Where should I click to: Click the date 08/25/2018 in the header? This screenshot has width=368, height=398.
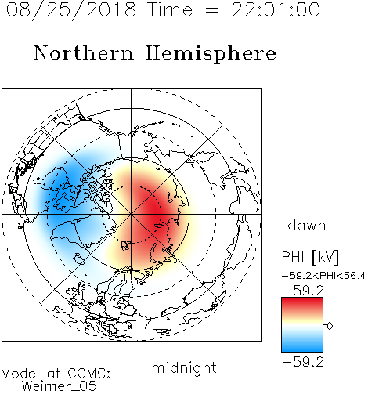[71, 10]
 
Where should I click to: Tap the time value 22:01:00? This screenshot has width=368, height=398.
[276, 9]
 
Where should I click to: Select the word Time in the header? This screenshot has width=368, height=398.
[170, 9]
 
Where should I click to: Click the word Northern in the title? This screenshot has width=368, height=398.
[84, 52]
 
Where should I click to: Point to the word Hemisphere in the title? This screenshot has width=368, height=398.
[211, 54]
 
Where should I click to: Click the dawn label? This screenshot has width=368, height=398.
[307, 225]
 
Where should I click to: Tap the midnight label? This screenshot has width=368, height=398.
[184, 367]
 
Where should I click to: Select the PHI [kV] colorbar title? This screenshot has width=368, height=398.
[310, 257]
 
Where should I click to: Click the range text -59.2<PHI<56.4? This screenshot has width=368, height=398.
[323, 276]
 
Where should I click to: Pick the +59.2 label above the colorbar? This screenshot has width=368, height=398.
[303, 291]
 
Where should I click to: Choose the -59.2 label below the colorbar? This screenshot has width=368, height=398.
[303, 362]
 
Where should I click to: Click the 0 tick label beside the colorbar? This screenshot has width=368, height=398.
[330, 326]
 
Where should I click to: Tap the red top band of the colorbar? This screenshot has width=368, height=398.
[302, 304]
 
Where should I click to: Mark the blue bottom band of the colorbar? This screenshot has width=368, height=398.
[302, 346]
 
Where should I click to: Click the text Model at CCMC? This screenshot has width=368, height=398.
[56, 374]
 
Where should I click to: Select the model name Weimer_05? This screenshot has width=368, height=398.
[60, 385]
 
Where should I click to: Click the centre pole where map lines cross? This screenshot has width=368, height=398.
[132, 215]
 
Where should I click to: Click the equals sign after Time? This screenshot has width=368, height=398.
[212, 11]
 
